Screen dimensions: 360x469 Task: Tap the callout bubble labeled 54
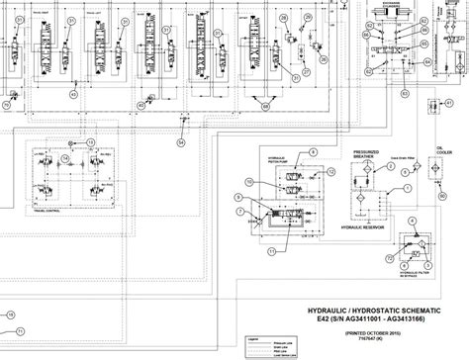(180, 142)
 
